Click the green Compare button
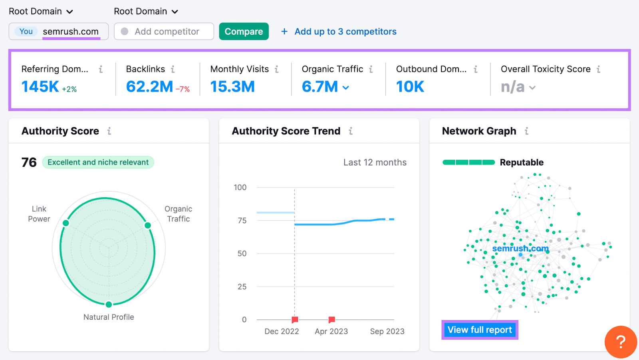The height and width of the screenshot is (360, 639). point(244,32)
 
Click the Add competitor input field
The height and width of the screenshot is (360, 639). point(167,32)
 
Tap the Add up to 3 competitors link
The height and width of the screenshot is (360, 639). point(345,32)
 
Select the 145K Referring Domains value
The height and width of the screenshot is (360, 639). point(40,87)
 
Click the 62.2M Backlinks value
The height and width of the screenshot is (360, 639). point(149,87)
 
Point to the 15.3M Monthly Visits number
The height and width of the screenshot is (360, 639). point(232,87)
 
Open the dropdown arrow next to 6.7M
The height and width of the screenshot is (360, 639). point(346,88)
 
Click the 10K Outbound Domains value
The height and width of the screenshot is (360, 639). point(410,87)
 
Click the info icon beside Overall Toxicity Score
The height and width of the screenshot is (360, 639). point(598,69)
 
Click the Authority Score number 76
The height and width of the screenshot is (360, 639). point(29,162)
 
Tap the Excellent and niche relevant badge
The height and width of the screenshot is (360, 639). point(98,162)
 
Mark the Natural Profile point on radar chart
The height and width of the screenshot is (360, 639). point(109,305)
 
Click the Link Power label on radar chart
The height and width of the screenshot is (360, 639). point(39,214)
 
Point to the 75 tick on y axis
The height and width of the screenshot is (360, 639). point(242,220)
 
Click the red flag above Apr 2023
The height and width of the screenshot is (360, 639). point(331,320)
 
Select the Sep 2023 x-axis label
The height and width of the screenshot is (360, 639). point(387,331)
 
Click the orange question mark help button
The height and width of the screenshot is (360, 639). point(620,342)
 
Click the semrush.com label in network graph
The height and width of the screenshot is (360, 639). point(520,248)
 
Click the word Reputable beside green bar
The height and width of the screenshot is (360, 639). point(522,162)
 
